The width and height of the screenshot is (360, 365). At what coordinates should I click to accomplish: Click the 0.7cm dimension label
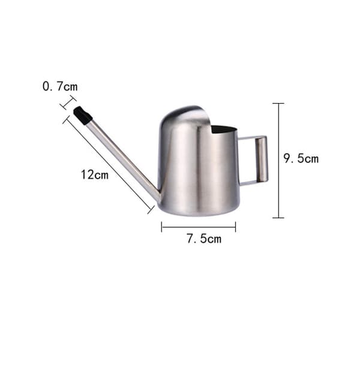pos(60,86)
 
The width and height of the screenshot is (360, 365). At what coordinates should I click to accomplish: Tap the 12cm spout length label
pos(95,174)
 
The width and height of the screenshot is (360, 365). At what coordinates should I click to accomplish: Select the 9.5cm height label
pos(301,158)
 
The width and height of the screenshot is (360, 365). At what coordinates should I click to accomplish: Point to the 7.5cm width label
pos(204,239)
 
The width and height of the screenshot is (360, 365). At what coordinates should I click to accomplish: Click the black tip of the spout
pos(82,115)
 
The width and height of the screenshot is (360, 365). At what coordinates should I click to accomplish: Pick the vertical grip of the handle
pos(262,159)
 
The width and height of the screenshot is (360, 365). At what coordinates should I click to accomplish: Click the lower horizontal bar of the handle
pos(249,183)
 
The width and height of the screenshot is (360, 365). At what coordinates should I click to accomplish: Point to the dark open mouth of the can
pos(223,129)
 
